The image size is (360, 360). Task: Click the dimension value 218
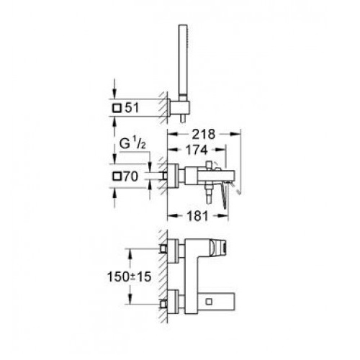[203, 135]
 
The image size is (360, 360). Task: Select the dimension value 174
[197, 150]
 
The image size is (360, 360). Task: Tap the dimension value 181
[197, 216]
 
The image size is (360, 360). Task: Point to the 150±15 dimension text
[129, 276]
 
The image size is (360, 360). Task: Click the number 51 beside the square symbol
[132, 108]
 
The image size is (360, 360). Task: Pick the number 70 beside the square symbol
[131, 176]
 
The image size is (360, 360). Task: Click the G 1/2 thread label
[132, 145]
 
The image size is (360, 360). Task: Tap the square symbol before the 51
[117, 108]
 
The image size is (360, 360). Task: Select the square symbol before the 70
[117, 176]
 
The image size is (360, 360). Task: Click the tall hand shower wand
[182, 60]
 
